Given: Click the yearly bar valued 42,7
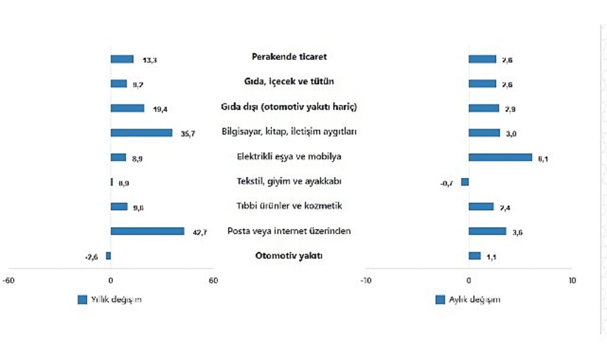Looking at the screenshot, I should tap(147, 231).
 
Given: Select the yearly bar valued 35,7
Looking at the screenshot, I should tap(141, 133).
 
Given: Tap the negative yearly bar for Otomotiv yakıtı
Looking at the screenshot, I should tap(108, 256).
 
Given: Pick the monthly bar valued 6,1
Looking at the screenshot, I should tap(500, 157).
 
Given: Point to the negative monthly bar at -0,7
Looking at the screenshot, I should tap(465, 182).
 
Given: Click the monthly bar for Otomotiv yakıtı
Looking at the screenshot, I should tap(474, 256).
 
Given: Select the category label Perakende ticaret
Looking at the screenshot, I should tap(289, 57).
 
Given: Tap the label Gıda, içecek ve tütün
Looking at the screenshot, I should tap(289, 82).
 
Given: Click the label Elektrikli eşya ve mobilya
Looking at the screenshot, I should tap(289, 157).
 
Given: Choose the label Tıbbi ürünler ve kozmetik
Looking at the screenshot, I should tap(289, 206).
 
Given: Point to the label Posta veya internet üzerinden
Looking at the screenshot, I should tap(289, 231).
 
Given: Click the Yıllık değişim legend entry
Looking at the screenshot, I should tap(110, 300).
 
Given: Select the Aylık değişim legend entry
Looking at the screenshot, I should tap(468, 300).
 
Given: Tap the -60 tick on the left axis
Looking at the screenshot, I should tap(8, 281).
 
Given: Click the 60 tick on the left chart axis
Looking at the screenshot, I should tap(213, 281).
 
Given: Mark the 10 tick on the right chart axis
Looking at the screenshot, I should tap(571, 281).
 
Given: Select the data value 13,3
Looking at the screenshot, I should tap(149, 60).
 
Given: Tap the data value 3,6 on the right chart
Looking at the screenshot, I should tap(517, 232).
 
